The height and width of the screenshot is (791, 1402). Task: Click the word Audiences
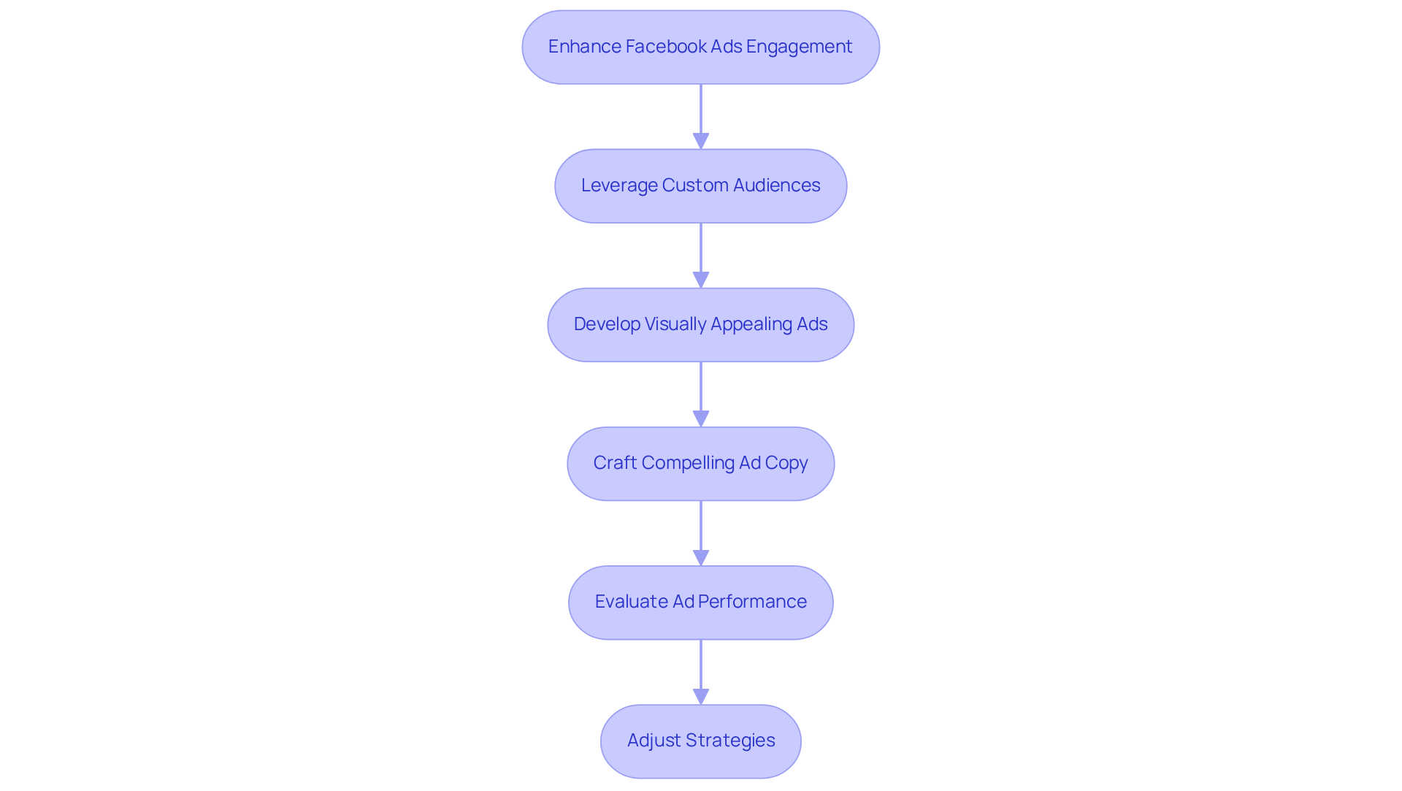[776, 186]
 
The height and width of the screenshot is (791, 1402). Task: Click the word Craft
[615, 463]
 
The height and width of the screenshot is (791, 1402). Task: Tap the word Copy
[786, 463]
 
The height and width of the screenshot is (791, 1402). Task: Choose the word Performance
[752, 602]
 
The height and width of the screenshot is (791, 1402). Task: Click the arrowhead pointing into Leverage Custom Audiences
[701, 141]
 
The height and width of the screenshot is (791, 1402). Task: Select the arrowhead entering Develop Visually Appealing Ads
[701, 280]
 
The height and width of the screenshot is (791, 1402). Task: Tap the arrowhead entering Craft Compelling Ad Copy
[701, 419]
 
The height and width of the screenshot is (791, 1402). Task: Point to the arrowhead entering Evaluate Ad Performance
[701, 557]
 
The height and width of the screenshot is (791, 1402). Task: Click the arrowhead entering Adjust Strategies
[701, 696]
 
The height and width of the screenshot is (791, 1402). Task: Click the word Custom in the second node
[695, 186]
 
